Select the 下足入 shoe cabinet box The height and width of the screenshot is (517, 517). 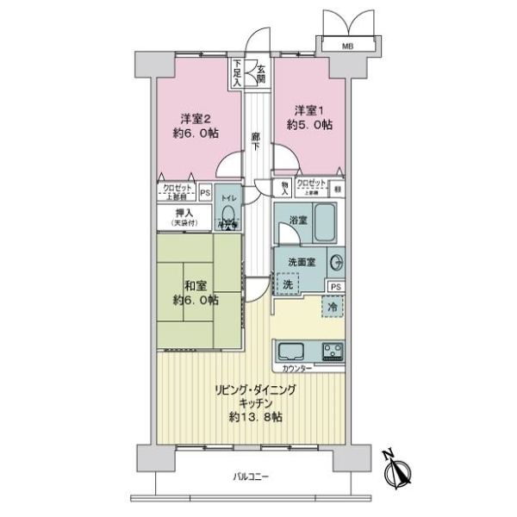[x=237, y=72]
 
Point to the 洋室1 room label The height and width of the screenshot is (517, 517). [x=312, y=110]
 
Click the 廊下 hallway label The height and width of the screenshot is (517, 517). [x=257, y=139]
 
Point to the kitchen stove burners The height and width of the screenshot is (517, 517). [x=333, y=352]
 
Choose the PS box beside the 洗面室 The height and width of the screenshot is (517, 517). [x=335, y=287]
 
